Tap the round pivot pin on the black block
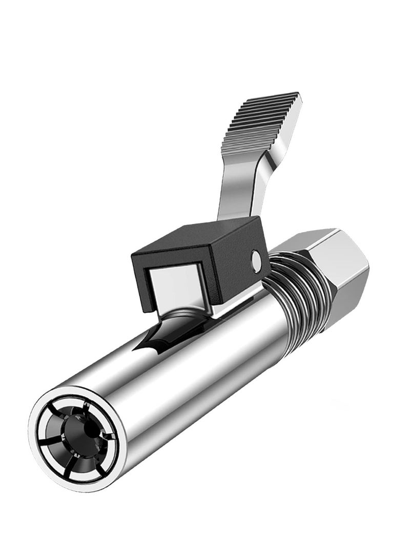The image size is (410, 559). (x=257, y=261)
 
